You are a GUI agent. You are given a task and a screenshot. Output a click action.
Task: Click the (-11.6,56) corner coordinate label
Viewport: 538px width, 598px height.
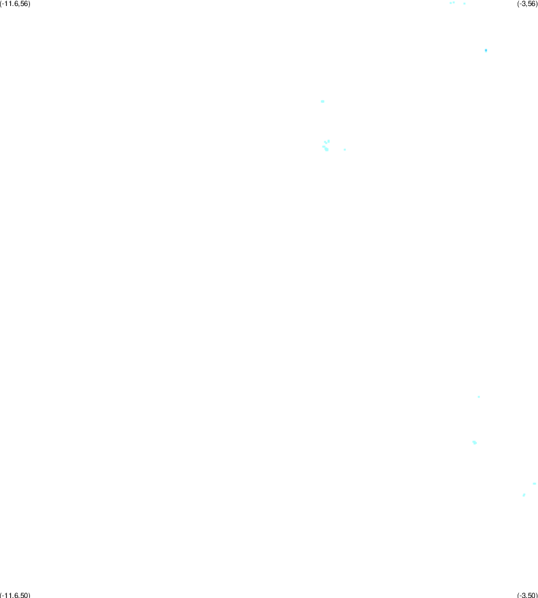coord(15,4)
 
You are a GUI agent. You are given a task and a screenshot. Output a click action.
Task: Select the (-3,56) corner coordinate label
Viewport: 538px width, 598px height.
coord(527,4)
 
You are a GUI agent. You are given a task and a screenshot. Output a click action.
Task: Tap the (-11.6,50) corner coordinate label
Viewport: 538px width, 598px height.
coord(15,595)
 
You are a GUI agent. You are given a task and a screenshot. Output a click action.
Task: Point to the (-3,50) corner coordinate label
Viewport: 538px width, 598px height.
coord(527,595)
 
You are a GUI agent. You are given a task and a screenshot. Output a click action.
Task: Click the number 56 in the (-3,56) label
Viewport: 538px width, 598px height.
coord(531,4)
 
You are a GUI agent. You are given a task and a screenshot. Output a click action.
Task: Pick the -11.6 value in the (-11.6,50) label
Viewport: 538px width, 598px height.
coord(10,595)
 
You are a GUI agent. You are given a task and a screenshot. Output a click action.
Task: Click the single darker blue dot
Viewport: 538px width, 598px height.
coord(486,50)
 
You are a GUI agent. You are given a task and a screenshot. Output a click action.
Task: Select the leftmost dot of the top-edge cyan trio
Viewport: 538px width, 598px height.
coord(450,3)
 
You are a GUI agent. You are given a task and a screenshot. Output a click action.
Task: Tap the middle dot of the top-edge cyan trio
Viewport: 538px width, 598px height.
coord(454,2)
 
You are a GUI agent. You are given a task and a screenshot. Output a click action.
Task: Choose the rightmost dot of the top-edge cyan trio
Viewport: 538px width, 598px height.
coord(464,4)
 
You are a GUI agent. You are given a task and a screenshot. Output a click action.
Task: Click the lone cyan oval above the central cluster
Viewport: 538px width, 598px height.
coord(323,101)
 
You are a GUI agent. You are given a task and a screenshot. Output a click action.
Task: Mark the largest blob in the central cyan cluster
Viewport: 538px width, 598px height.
coord(326,150)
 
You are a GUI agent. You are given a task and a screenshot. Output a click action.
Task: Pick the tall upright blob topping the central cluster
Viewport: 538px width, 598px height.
coord(329,141)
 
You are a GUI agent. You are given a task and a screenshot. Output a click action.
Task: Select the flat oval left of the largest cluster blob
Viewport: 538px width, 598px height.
coord(323,147)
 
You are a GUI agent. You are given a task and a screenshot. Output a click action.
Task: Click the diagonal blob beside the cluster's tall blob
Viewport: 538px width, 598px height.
coord(325,142)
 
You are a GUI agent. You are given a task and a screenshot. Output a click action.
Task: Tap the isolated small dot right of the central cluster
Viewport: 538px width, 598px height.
coord(345,150)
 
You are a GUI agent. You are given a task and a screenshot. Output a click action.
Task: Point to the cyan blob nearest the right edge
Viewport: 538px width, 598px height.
coord(534,484)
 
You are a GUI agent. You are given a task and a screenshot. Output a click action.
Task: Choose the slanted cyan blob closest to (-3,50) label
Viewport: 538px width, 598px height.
coord(524,495)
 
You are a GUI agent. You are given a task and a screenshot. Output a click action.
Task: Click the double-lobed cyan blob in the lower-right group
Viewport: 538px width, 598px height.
coord(475,442)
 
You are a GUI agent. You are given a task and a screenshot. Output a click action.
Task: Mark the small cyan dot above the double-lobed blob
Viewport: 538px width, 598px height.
coord(479,397)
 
